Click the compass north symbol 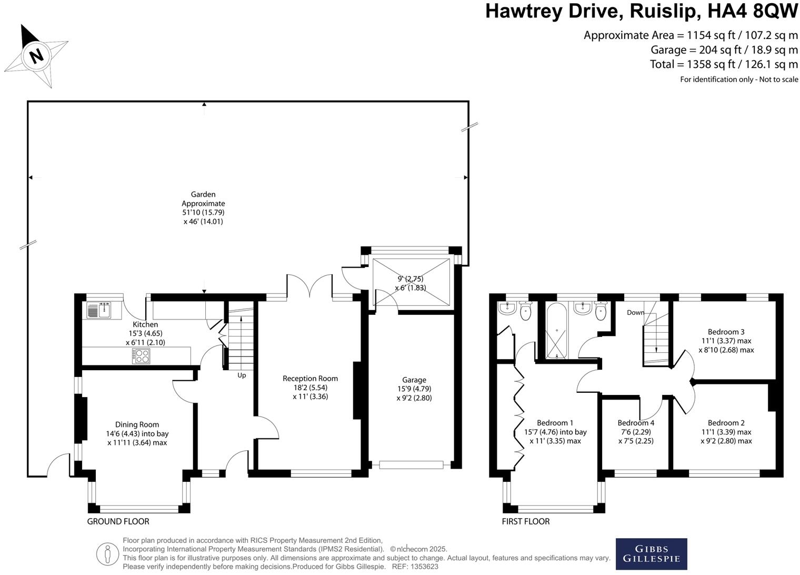point(36,55)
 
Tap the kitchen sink point(99,310)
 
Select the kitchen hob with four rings point(142,356)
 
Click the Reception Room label point(310,379)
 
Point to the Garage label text point(414,380)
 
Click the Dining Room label point(137,424)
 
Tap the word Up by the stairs point(242,375)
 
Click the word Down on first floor point(635,312)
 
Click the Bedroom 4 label point(636,423)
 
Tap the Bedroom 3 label point(726,332)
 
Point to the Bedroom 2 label point(726,423)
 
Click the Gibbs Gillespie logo point(651,554)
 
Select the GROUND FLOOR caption point(118,521)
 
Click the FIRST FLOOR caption point(525,521)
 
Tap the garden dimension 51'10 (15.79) point(203,212)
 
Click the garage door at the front point(411,464)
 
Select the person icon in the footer point(108,554)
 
